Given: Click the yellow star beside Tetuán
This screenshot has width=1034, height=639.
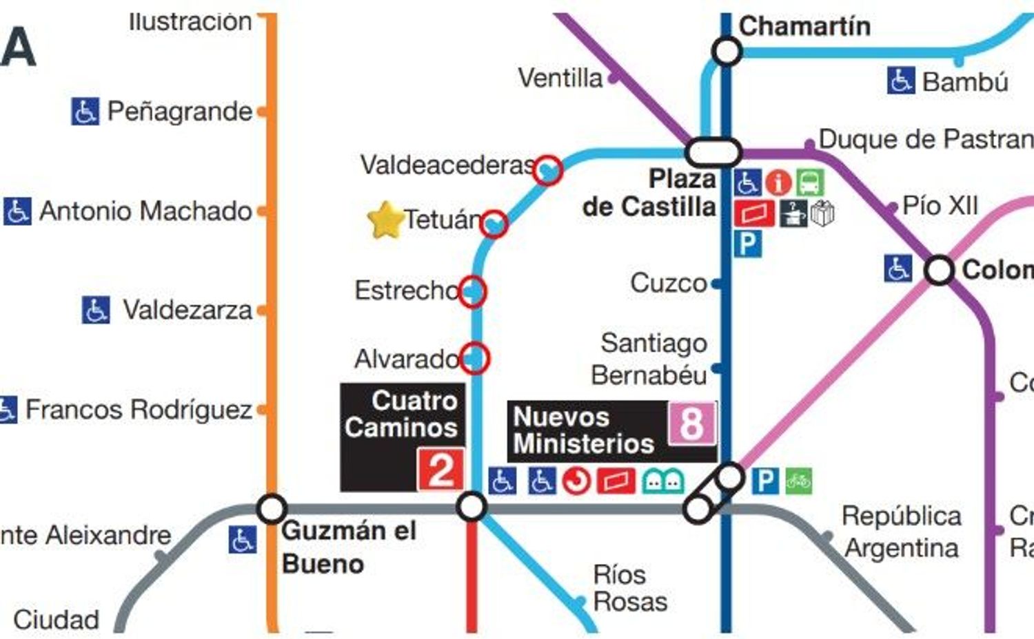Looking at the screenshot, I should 385,220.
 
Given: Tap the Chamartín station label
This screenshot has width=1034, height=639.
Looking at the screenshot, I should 804,26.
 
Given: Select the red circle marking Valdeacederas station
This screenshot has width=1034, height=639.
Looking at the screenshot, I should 549,169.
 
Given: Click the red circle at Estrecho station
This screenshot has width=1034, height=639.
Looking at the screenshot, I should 472,291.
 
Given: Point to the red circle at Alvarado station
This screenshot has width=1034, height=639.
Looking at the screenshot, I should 474,358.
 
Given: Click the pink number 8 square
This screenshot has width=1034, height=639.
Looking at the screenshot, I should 691,423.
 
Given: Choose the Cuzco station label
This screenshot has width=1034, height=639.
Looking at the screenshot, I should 668,283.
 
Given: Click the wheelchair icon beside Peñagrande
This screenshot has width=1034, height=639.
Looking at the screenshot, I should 85,112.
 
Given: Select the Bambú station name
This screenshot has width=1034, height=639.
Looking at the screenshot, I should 965,82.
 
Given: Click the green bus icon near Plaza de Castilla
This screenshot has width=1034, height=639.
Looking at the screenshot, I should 810,183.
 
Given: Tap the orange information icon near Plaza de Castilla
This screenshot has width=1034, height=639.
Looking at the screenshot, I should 778,183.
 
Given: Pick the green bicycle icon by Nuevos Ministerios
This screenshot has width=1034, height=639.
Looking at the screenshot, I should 798,481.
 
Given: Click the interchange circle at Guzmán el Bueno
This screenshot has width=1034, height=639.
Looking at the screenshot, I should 272,509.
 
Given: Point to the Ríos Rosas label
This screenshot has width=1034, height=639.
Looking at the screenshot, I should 629,588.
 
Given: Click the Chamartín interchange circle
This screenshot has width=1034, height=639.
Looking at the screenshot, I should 727,51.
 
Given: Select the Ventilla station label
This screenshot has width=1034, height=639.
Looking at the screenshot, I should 560,78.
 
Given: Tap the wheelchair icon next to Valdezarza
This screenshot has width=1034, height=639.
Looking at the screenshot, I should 96,310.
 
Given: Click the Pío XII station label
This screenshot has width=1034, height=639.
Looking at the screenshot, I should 940,205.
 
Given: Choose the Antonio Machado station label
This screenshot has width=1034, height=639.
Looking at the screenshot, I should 145,211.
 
